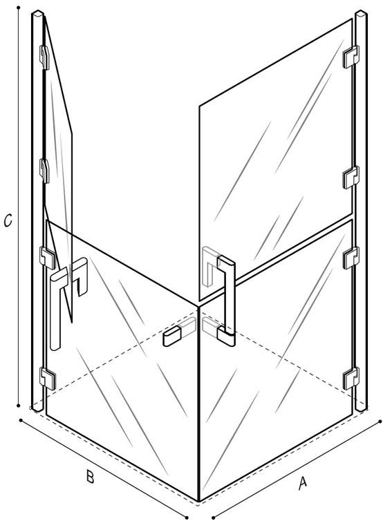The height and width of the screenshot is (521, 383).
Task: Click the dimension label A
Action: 302,482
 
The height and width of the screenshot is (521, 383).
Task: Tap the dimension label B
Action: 90,477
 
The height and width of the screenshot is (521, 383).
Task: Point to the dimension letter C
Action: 8,220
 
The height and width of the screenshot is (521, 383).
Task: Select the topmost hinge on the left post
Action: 44,57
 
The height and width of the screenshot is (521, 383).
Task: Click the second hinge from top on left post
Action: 44,171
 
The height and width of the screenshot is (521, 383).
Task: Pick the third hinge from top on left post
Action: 48,258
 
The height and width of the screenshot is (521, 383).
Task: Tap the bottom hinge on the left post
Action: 48,378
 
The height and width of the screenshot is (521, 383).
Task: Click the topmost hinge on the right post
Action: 351,57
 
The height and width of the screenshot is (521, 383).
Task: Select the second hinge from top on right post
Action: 351,177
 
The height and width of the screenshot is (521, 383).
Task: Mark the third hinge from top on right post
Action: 351,258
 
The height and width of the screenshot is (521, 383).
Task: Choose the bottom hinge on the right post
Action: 351,378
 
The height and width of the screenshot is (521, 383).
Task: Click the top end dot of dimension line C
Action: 19,7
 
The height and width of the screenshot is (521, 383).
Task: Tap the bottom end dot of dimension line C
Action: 19,406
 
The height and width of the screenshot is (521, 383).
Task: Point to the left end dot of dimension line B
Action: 21,420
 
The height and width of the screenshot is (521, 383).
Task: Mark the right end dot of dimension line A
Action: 380,421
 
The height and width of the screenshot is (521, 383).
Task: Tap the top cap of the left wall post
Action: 37,14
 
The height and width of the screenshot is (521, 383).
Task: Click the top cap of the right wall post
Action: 361,14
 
